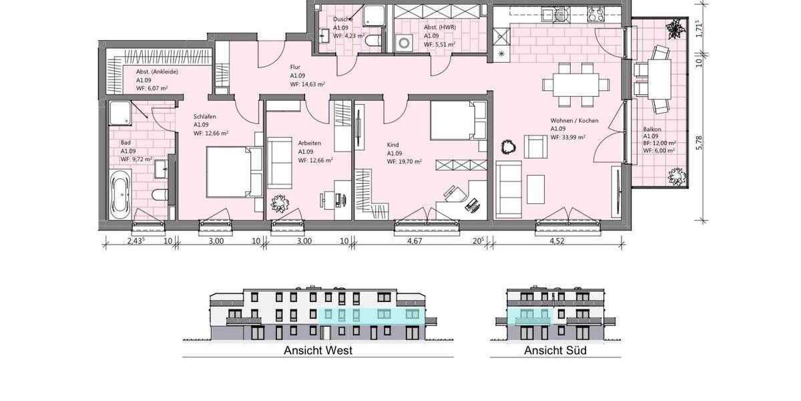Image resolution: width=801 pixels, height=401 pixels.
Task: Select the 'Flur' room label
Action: (x=295, y=67)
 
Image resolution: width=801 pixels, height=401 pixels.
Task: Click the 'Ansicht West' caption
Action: (x=318, y=350)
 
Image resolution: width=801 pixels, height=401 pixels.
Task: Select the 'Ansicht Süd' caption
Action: (x=555, y=350)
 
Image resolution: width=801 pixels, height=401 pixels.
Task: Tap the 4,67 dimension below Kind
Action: (x=425, y=241)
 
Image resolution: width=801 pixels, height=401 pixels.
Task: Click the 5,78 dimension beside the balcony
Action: (x=700, y=142)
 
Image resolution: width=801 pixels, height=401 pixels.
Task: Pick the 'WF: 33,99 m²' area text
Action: (x=567, y=138)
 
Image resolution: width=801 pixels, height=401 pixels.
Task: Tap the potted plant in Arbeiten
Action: (x=279, y=203)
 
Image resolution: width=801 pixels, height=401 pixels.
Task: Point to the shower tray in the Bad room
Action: (x=121, y=114)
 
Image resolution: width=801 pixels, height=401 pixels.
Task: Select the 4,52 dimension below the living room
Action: (x=557, y=241)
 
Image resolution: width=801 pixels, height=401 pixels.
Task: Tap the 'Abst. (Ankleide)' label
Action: (x=157, y=72)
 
